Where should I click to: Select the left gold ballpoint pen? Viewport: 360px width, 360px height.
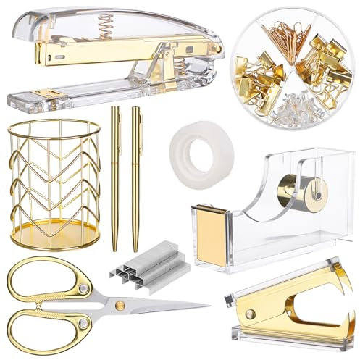click(114, 177)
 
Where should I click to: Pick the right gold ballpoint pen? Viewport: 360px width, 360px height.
click(135, 177)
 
